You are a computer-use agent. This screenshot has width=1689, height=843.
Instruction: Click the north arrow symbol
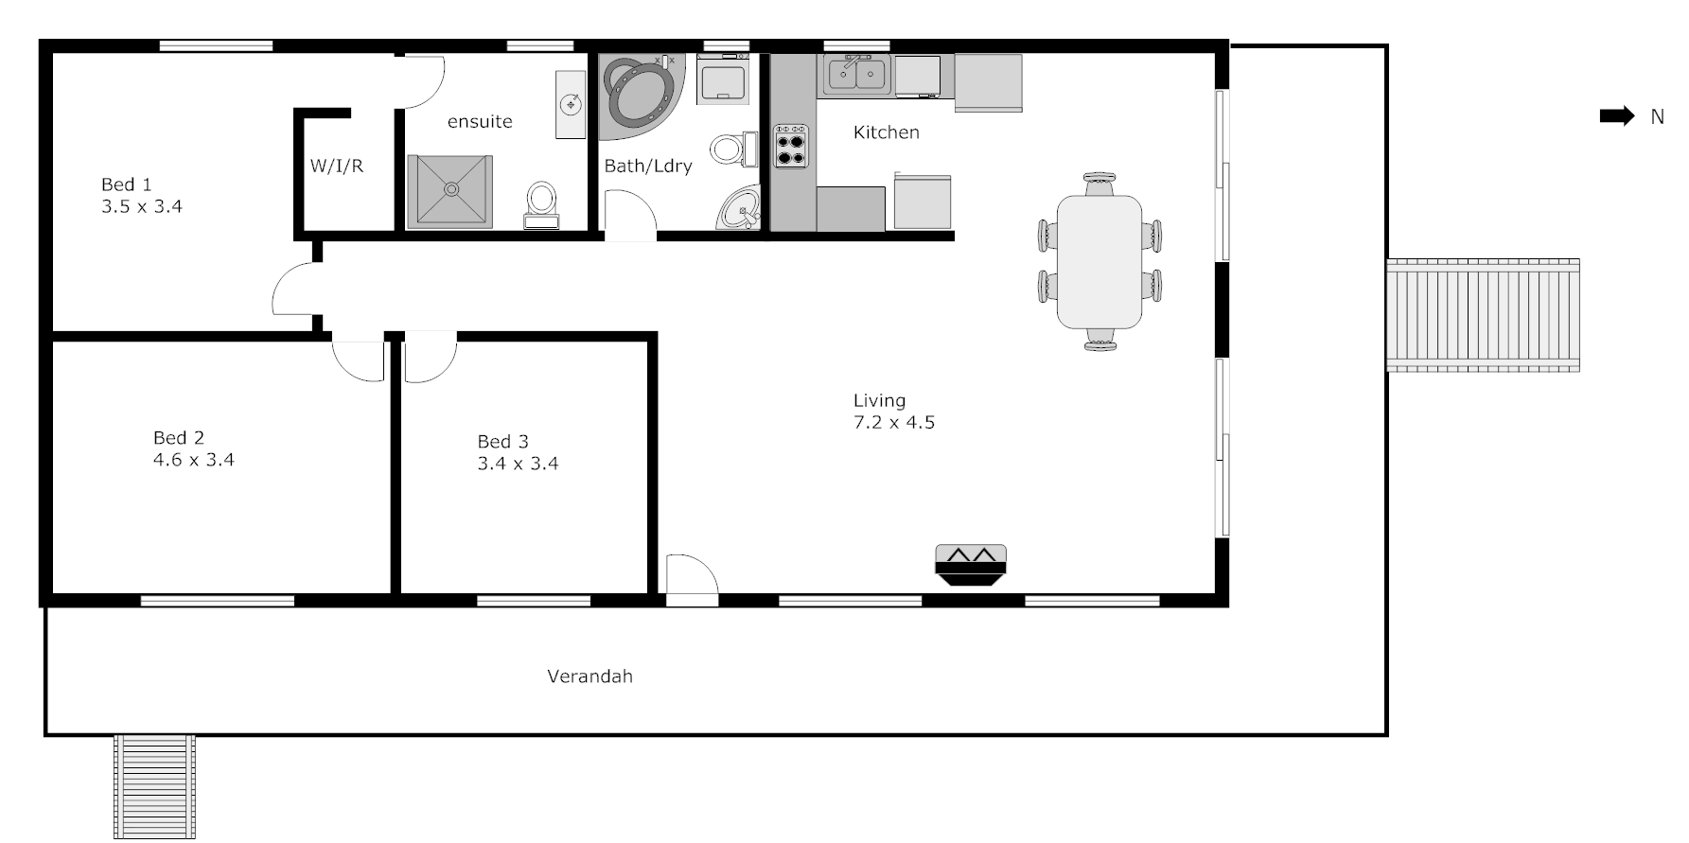[x=1616, y=116]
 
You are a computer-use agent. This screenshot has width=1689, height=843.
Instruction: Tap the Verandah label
[x=589, y=676]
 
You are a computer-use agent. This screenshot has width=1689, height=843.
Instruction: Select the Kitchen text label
[x=886, y=132]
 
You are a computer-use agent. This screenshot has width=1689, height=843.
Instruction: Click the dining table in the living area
[x=1099, y=260]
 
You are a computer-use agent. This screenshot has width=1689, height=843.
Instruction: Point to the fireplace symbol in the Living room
[x=970, y=565]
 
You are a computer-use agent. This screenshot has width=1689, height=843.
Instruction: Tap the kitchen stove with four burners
[x=792, y=146]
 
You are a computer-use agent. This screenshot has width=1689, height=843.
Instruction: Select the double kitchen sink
[x=855, y=75]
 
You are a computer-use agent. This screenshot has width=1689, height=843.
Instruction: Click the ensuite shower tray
[x=450, y=191]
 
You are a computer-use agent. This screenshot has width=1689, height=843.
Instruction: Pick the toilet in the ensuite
[x=541, y=203]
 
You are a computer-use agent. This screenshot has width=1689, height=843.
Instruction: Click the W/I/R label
[x=337, y=167]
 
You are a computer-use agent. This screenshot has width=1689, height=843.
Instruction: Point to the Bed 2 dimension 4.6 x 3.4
[x=194, y=460]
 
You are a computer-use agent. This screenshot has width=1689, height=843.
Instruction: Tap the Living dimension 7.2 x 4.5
[x=894, y=423]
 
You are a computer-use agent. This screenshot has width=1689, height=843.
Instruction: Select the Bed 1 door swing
[x=295, y=289]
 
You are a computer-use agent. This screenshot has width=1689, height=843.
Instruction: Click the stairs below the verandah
[x=154, y=785]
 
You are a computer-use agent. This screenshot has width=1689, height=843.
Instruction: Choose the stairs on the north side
[x=1483, y=314]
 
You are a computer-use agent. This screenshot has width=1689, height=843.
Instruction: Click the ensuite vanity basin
[x=572, y=103]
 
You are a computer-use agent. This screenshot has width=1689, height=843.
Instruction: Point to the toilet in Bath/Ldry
[x=730, y=149]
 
